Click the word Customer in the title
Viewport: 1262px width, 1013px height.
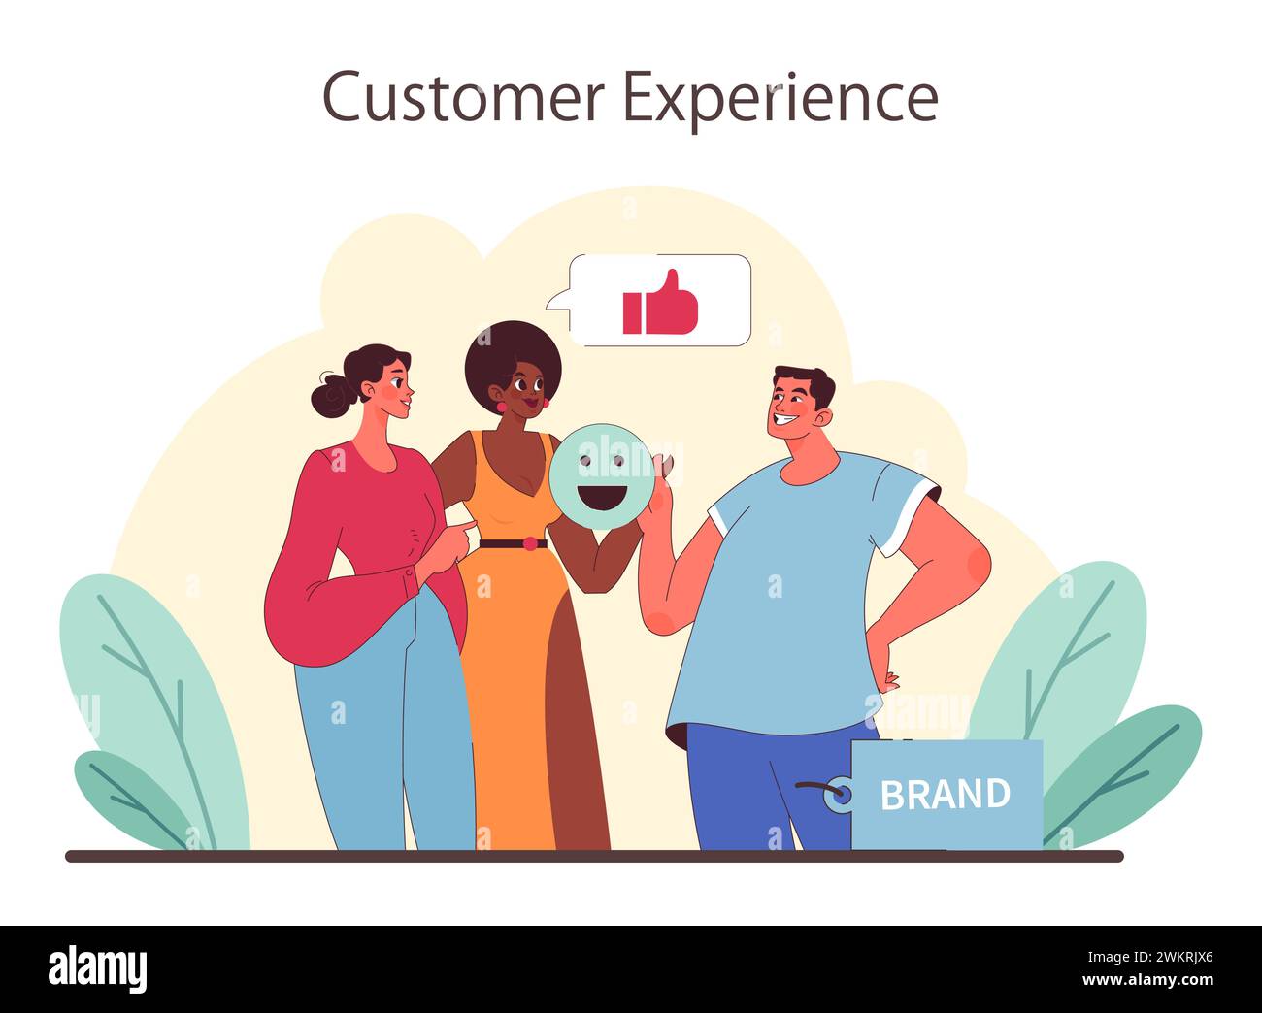(x=463, y=97)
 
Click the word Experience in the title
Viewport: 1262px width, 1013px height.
(x=780, y=99)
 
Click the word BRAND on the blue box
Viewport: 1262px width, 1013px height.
(x=945, y=795)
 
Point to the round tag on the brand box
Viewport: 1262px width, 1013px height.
(x=837, y=795)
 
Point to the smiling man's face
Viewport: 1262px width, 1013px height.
(x=791, y=408)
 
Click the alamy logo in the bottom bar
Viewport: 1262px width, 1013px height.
(x=98, y=967)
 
